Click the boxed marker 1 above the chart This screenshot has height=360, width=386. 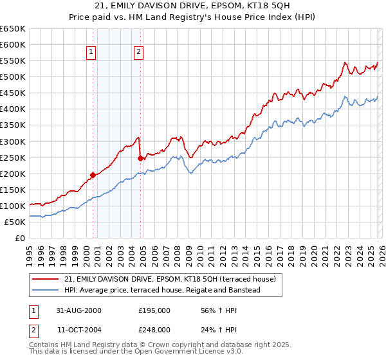(x=91, y=53)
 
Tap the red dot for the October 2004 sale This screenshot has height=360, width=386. (x=140, y=157)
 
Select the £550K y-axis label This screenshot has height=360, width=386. (x=13, y=61)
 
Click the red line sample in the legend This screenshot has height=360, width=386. (x=46, y=279)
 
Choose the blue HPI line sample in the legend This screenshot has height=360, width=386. (x=46, y=291)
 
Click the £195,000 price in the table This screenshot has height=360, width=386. (x=154, y=310)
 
